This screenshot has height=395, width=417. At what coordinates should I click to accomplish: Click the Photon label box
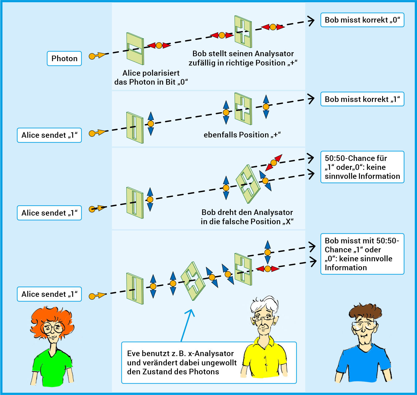pos(64,59)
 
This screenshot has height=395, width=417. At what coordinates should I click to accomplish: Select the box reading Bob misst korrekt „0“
pos(362,20)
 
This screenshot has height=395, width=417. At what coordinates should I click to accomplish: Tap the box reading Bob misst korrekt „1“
pos(362,99)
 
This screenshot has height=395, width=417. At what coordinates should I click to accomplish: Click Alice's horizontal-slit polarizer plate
pos(135,48)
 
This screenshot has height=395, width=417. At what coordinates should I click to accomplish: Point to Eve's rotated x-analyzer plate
pos(193,281)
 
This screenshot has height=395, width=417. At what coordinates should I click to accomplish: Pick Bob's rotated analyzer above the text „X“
pos(248,184)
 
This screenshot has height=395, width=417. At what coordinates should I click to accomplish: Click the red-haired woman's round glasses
pos(53,327)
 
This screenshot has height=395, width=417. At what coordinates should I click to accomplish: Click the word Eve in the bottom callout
pos(133,354)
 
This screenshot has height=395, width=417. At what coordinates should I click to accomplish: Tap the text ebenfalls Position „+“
pos(242,135)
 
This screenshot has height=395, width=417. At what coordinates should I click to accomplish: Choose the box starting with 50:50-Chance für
pos(362,167)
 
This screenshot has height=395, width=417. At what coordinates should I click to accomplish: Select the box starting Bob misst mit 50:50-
pos(362,254)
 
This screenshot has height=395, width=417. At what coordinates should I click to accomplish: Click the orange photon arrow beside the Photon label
pos(97,56)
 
